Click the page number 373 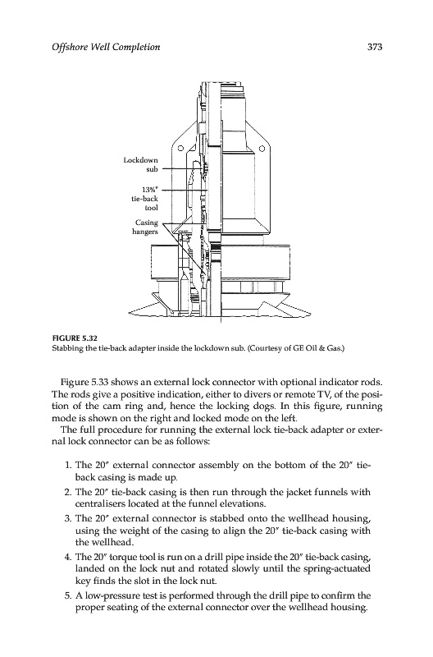click(x=375, y=47)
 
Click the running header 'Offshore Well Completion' click(x=106, y=47)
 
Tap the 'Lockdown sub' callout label click(x=141, y=165)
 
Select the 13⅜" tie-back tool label click(x=145, y=199)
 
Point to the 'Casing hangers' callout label click(x=146, y=227)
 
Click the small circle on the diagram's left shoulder click(x=180, y=148)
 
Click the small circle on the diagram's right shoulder click(x=262, y=148)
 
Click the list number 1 click(x=68, y=465)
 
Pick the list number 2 click(x=68, y=492)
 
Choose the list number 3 click(x=68, y=518)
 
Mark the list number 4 click(x=68, y=557)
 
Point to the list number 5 click(x=68, y=595)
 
